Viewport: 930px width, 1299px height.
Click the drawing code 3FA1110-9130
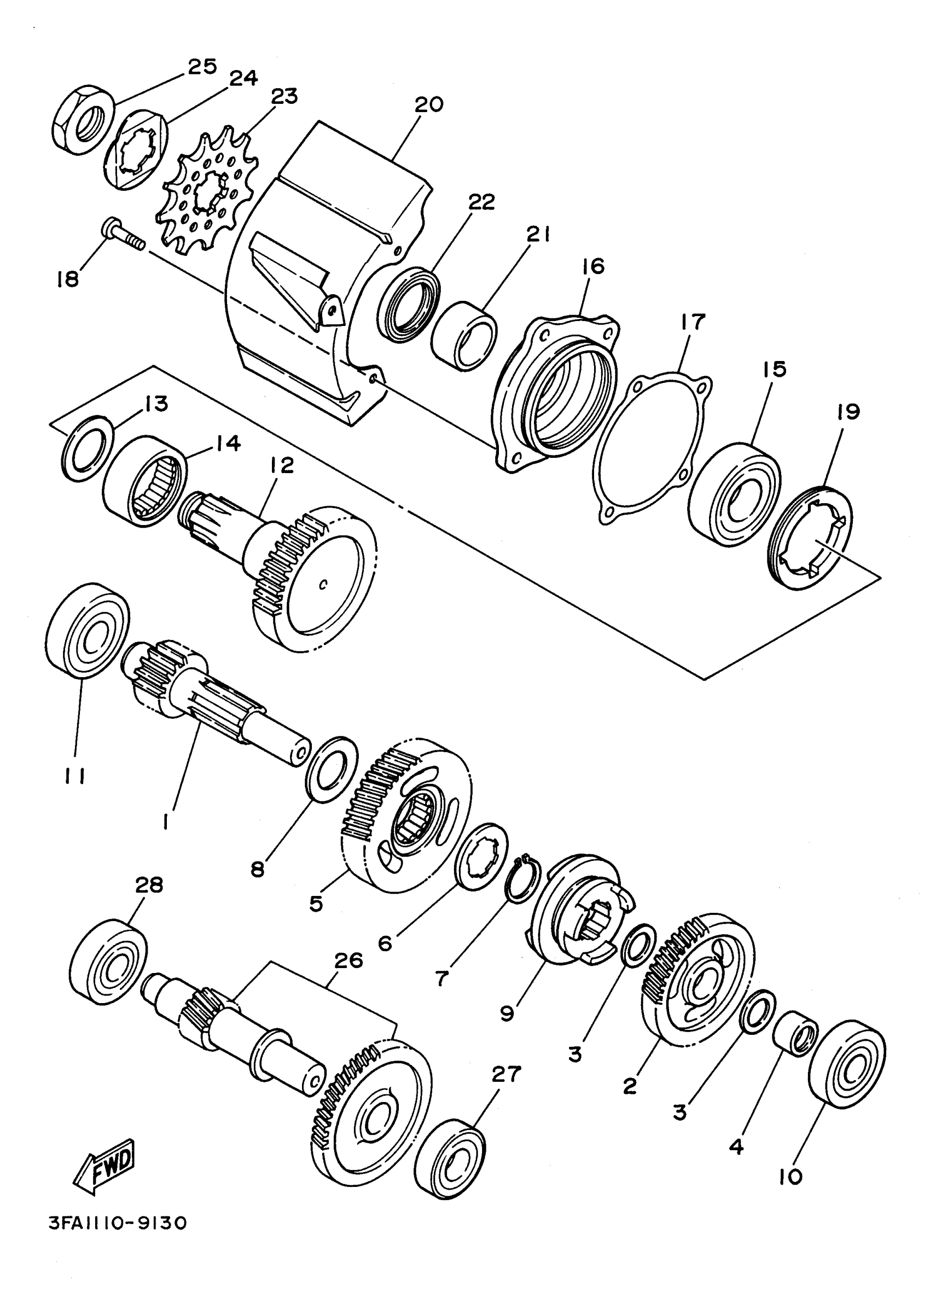tap(118, 1224)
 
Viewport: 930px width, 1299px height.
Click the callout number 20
tap(429, 105)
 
